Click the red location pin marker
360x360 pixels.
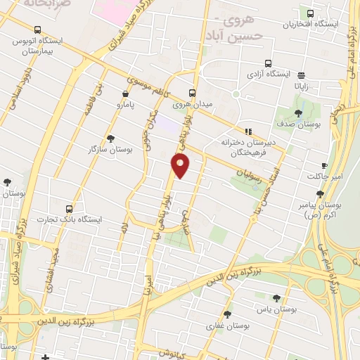[x=181, y=166]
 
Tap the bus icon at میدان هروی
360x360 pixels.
[x=193, y=94]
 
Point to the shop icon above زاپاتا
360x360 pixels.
[x=302, y=75]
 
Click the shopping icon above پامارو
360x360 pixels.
[x=125, y=93]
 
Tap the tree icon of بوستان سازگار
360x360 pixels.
[x=110, y=139]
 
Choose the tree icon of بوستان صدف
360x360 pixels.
[x=298, y=112]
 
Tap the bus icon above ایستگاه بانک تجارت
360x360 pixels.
[x=69, y=209]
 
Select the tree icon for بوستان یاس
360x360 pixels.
[x=276, y=298]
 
